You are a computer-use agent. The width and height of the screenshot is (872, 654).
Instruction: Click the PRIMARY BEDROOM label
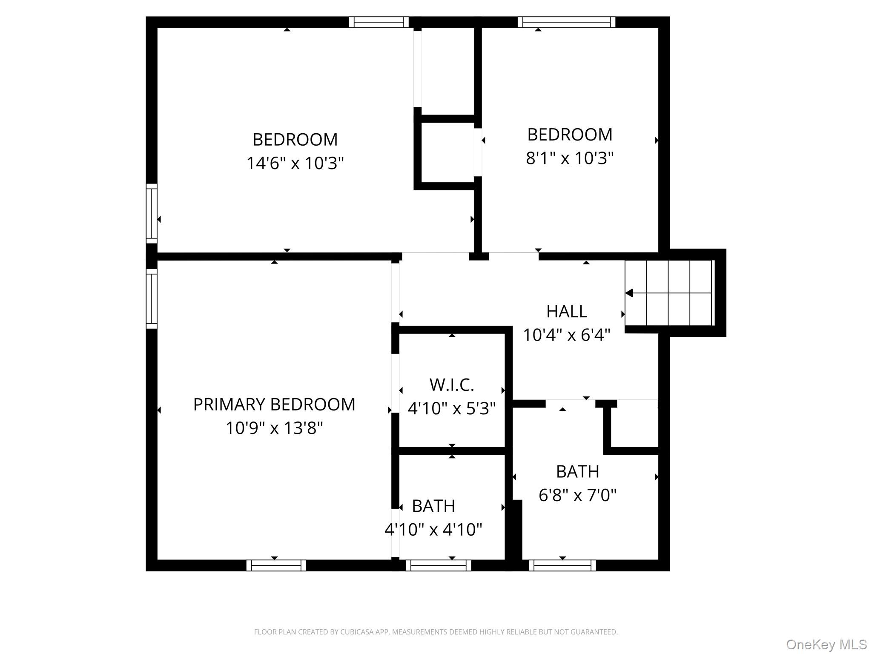(x=274, y=404)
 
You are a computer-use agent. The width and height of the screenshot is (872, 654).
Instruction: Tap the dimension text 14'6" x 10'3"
(x=295, y=163)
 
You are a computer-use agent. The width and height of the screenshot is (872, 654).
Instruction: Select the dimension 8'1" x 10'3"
(x=570, y=158)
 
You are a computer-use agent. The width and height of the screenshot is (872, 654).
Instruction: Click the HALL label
(x=567, y=312)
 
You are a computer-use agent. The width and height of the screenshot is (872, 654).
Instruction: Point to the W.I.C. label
(x=452, y=385)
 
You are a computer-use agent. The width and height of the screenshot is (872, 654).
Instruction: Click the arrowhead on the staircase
(x=629, y=293)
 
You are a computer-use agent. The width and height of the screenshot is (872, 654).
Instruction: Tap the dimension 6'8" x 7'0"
(x=577, y=495)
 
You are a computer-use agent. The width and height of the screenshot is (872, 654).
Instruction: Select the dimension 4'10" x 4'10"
(x=433, y=530)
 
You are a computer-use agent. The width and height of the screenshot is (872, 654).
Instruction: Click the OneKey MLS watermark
(x=826, y=645)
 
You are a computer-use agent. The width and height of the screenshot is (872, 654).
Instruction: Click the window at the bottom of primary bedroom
(x=276, y=565)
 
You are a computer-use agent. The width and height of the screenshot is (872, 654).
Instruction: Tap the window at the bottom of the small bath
(x=438, y=565)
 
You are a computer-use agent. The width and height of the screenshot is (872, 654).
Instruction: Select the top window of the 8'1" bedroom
(x=566, y=22)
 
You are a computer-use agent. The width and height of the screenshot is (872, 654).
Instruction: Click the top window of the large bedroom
(x=379, y=22)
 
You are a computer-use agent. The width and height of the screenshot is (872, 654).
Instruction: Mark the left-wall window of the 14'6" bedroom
(x=152, y=213)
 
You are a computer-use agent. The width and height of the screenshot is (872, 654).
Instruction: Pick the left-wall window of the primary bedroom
(x=152, y=298)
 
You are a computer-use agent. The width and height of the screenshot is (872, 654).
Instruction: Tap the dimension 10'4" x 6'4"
(x=567, y=335)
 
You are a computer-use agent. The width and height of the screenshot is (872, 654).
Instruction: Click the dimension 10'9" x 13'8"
(x=274, y=428)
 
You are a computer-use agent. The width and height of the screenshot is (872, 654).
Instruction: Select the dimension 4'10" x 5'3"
(x=452, y=408)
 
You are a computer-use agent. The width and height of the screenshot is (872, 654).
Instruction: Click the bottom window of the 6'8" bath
(x=562, y=565)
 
